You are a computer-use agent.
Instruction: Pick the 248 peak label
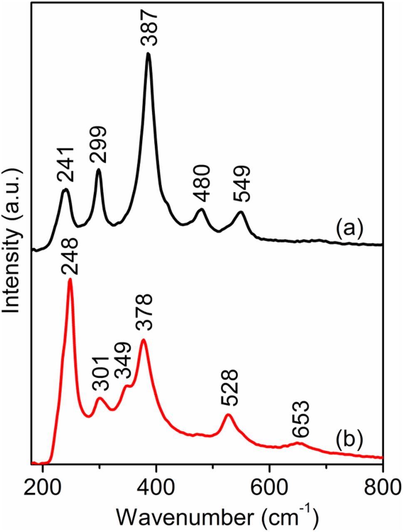click(69, 257)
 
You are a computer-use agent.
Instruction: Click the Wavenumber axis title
click(217, 515)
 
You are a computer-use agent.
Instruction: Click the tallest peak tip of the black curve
click(148, 54)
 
